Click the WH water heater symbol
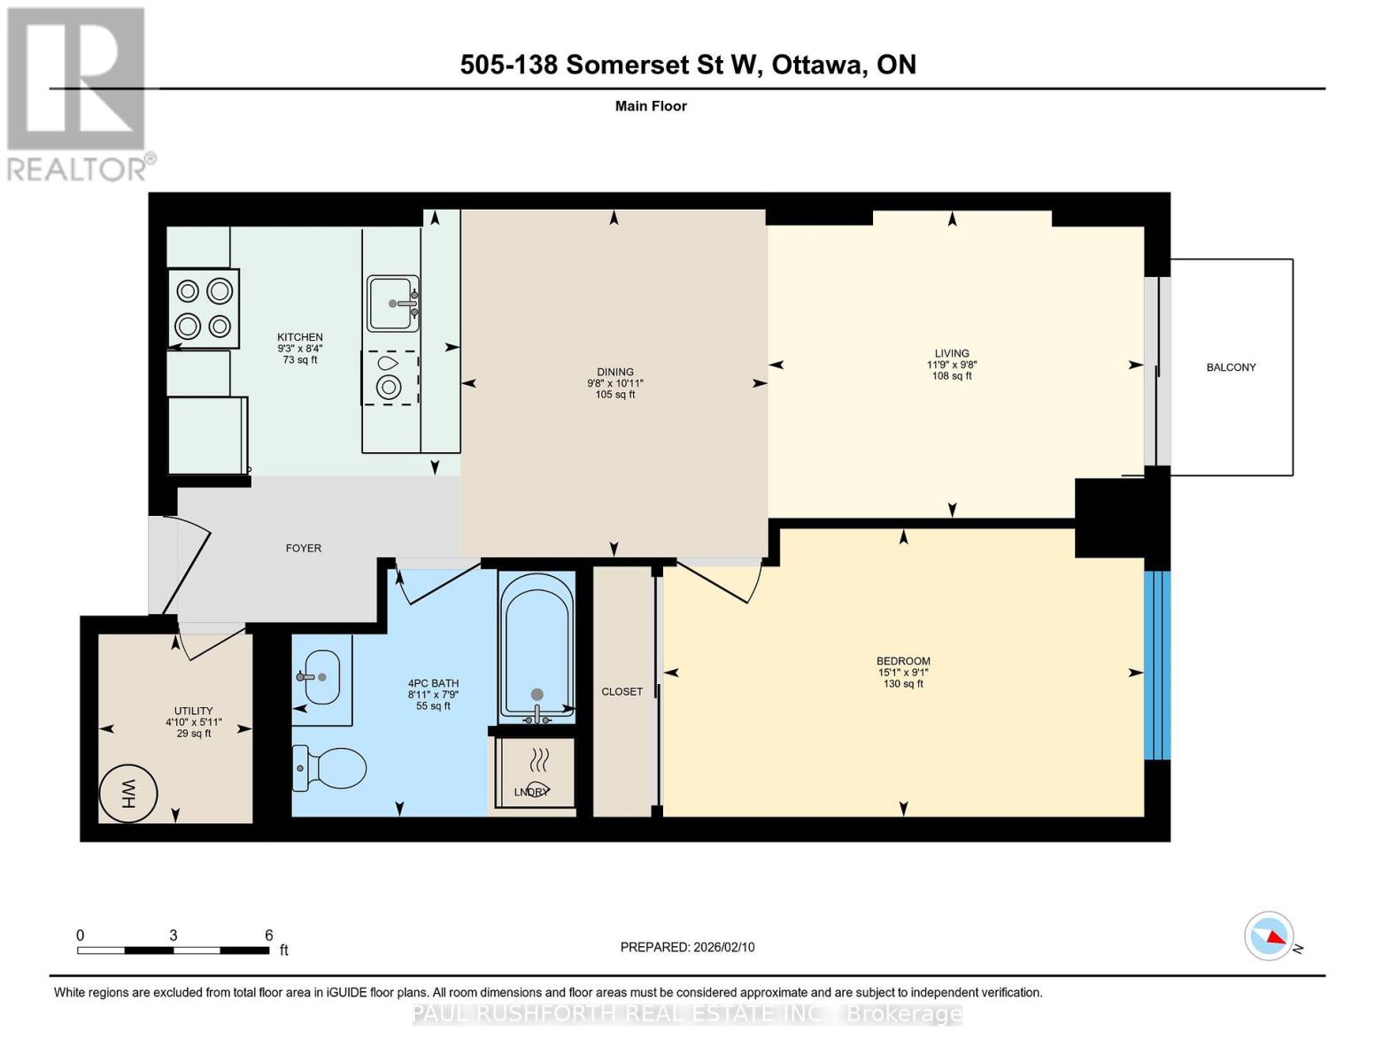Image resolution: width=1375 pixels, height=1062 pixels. [128, 793]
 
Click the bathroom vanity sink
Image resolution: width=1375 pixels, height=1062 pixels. [320, 677]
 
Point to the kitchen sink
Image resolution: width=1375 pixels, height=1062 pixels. [393, 303]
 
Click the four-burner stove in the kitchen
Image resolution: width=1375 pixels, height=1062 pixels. [204, 308]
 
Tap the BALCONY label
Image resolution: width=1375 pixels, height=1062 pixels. [1231, 367]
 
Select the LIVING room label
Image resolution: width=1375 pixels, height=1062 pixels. [952, 353]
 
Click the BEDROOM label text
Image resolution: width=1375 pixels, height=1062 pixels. [903, 661]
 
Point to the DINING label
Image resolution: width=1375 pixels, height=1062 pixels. [615, 373]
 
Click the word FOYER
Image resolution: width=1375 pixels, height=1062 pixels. [304, 549]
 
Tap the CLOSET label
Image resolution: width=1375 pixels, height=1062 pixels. [622, 691]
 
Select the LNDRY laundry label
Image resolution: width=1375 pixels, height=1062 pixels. [531, 792]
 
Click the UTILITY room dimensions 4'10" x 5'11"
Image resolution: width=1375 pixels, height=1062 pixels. [194, 722]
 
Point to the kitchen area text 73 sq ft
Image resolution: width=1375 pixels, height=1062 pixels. [300, 360]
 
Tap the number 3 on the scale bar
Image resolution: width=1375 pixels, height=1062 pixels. [174, 935]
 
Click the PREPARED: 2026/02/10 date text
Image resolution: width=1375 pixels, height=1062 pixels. [687, 947]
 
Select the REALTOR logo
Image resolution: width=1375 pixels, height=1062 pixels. [78, 94]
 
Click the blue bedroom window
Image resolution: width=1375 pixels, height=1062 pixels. [1157, 666]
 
